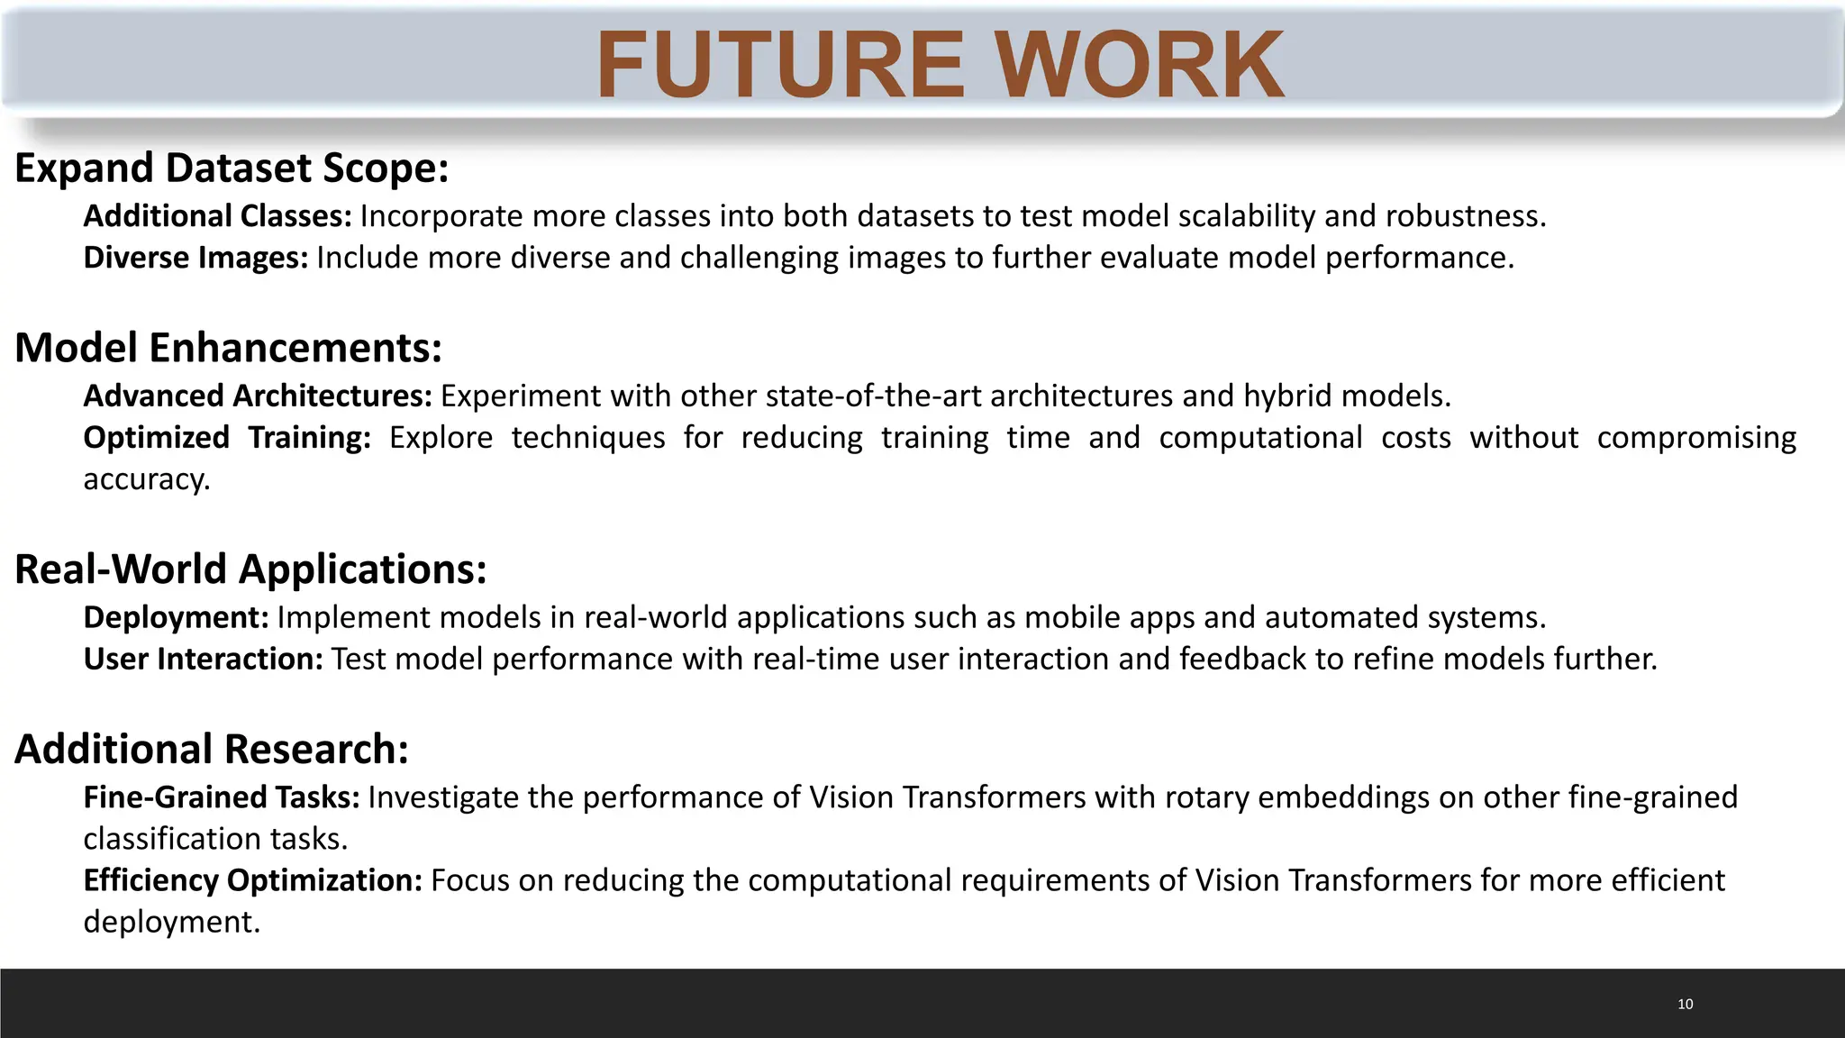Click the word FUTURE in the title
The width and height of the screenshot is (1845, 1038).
(x=781, y=65)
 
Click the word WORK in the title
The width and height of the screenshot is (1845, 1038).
(x=1141, y=65)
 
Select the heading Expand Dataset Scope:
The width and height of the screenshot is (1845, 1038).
(x=232, y=168)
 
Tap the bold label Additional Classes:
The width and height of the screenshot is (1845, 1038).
(x=217, y=216)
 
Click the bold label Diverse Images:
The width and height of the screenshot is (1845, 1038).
(x=195, y=258)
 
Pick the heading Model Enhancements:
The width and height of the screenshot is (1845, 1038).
(x=228, y=348)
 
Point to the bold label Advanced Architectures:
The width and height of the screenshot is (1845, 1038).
(x=258, y=396)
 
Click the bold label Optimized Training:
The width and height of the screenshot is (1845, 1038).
(x=227, y=438)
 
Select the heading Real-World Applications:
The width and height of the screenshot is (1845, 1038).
(x=250, y=569)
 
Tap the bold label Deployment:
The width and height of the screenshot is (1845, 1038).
(x=176, y=617)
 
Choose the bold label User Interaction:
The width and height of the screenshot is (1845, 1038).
(x=203, y=659)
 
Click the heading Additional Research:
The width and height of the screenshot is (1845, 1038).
(x=212, y=750)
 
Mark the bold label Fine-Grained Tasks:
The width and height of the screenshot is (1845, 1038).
(x=222, y=797)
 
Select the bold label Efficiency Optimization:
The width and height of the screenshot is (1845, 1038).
(x=252, y=880)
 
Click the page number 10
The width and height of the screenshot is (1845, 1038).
(x=1685, y=1004)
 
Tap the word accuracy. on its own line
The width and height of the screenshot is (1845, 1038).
(x=146, y=479)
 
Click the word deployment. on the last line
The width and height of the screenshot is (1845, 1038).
(x=171, y=922)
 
